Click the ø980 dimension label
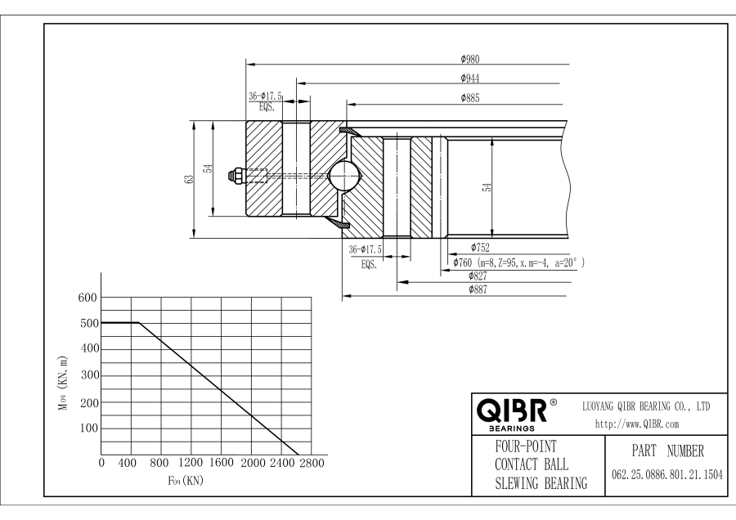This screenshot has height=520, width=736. click(469, 58)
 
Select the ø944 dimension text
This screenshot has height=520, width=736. click(469, 78)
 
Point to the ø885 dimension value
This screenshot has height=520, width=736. click(469, 99)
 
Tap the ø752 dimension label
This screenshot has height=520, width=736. click(482, 246)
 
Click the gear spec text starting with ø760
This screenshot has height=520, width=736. click(520, 262)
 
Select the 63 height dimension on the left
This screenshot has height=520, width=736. click(189, 180)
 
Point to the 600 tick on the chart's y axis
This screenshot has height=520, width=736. click(88, 298)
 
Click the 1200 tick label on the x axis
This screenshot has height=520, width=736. click(191, 464)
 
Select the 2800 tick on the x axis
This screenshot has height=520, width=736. click(311, 464)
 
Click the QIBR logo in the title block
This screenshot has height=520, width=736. click(514, 410)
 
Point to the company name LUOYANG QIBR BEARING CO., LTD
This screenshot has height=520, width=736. click(645, 406)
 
